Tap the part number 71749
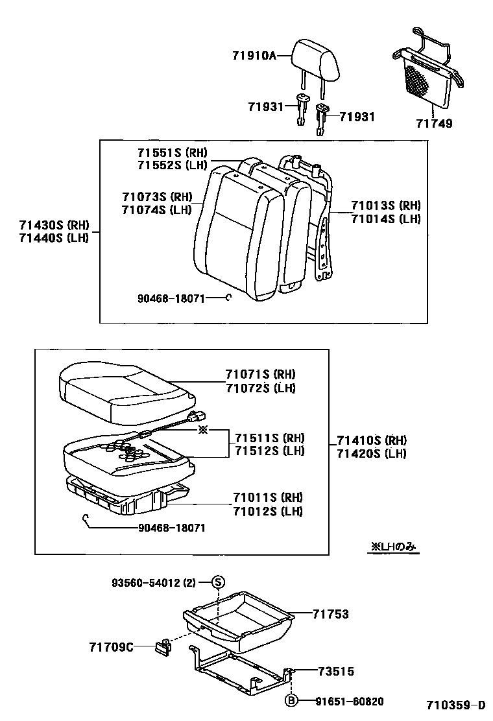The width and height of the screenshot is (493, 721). (x=435, y=123)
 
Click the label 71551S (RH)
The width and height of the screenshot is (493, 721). (x=171, y=153)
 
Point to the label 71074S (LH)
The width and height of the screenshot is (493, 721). (x=156, y=209)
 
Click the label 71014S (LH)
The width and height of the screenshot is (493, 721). (x=386, y=219)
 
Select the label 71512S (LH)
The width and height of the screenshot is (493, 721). (x=269, y=451)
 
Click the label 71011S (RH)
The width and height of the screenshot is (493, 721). (x=268, y=497)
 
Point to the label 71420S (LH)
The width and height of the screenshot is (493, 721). (x=371, y=453)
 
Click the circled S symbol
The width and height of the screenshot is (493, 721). (x=219, y=582)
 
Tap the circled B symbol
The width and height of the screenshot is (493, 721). (x=292, y=700)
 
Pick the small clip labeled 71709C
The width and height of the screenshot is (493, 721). (x=162, y=646)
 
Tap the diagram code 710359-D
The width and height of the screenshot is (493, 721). (x=455, y=705)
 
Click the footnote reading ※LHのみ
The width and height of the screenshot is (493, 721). (x=394, y=547)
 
